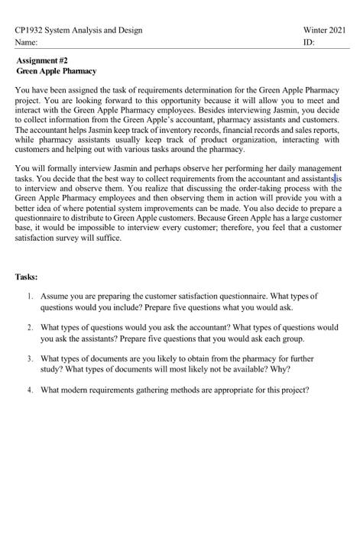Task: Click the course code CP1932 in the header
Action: [x=30, y=31]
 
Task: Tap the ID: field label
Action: [x=309, y=44]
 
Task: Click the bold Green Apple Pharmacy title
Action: [x=57, y=71]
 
